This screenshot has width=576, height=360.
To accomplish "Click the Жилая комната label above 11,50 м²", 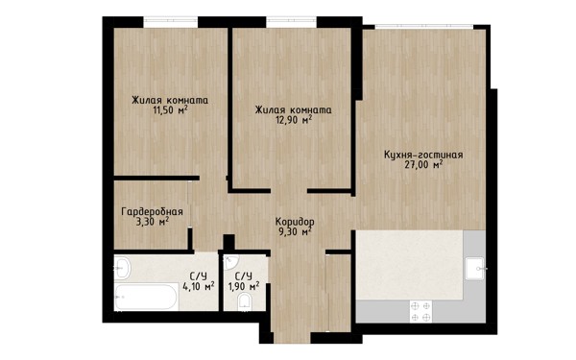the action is tap(170, 100).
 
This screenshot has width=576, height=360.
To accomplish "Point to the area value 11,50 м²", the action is tap(171, 109).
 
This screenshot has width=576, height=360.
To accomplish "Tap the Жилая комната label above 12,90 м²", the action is tap(294, 109).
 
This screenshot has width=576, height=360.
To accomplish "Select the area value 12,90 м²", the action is tap(294, 119).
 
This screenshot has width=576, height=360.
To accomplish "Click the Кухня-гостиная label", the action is tap(423, 155).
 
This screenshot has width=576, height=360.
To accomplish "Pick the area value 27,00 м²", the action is tap(423, 164).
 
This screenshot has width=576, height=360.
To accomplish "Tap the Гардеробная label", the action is tap(152, 212).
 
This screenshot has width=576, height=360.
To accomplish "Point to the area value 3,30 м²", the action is tap(153, 222).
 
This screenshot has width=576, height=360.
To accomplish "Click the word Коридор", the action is tap(295, 222).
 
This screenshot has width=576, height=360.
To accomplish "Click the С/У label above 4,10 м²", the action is tap(199, 276).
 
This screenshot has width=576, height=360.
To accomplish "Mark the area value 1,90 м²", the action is tap(244, 286).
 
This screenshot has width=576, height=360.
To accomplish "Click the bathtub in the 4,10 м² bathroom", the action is tap(146, 298).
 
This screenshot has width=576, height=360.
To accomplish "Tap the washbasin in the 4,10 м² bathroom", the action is tap(122, 268).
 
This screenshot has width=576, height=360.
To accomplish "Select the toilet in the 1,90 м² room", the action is tap(244, 302).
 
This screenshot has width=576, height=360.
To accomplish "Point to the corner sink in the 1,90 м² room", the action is tap(230, 261).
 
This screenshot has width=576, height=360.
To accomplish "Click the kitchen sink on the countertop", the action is tap(475, 269).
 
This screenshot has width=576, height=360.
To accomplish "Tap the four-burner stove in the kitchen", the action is tap(420, 311).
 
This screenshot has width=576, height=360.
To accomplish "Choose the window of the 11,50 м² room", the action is tap(171, 22).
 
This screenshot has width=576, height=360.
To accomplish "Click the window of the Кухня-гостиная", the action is tap(424, 27).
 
